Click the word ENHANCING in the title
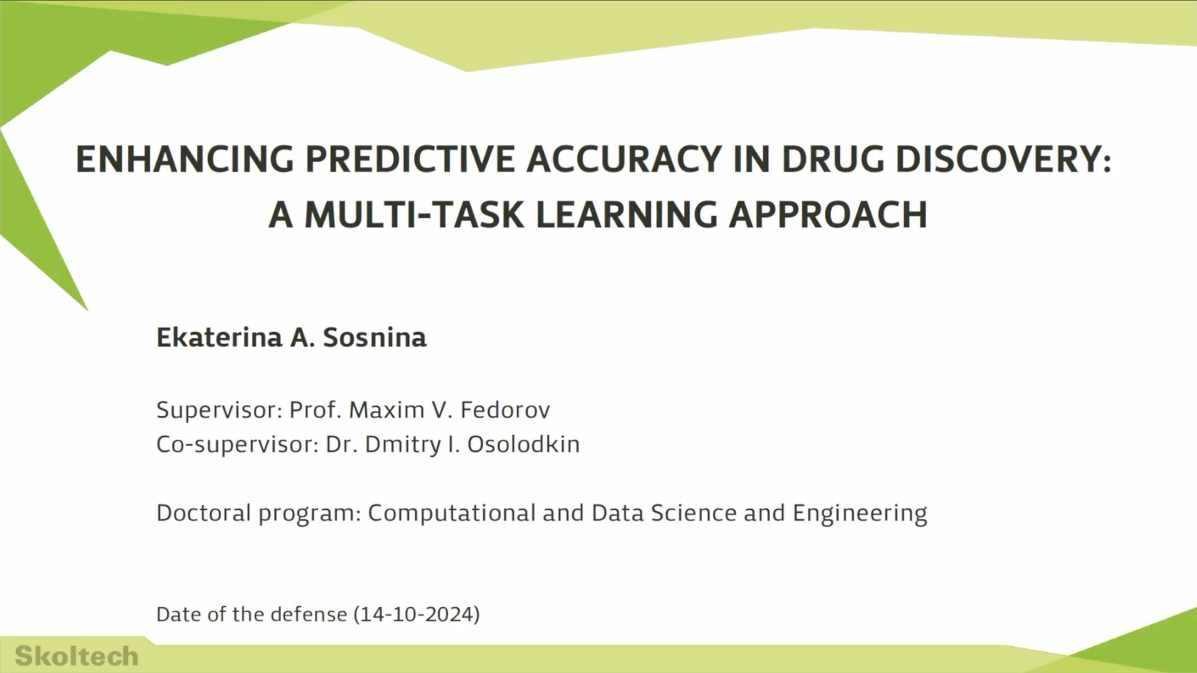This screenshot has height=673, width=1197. (185, 159)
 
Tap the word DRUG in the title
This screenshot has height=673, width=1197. (832, 159)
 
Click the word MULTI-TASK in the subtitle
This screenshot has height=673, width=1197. (415, 215)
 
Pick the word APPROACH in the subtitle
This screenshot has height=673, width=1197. (828, 215)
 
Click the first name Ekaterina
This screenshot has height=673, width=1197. (219, 337)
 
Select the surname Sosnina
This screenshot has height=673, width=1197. (375, 337)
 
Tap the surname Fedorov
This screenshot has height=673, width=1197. (505, 410)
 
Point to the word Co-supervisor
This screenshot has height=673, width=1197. (237, 444)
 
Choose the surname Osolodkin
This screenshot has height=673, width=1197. (523, 444)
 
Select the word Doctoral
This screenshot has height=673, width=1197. (203, 513)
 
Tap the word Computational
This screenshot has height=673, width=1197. (451, 513)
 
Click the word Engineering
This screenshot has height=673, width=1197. (860, 513)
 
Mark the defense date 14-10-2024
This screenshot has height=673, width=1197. (416, 614)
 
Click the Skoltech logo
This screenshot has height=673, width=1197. (76, 656)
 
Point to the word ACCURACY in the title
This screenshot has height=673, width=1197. (624, 159)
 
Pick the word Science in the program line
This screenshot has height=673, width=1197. (693, 513)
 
